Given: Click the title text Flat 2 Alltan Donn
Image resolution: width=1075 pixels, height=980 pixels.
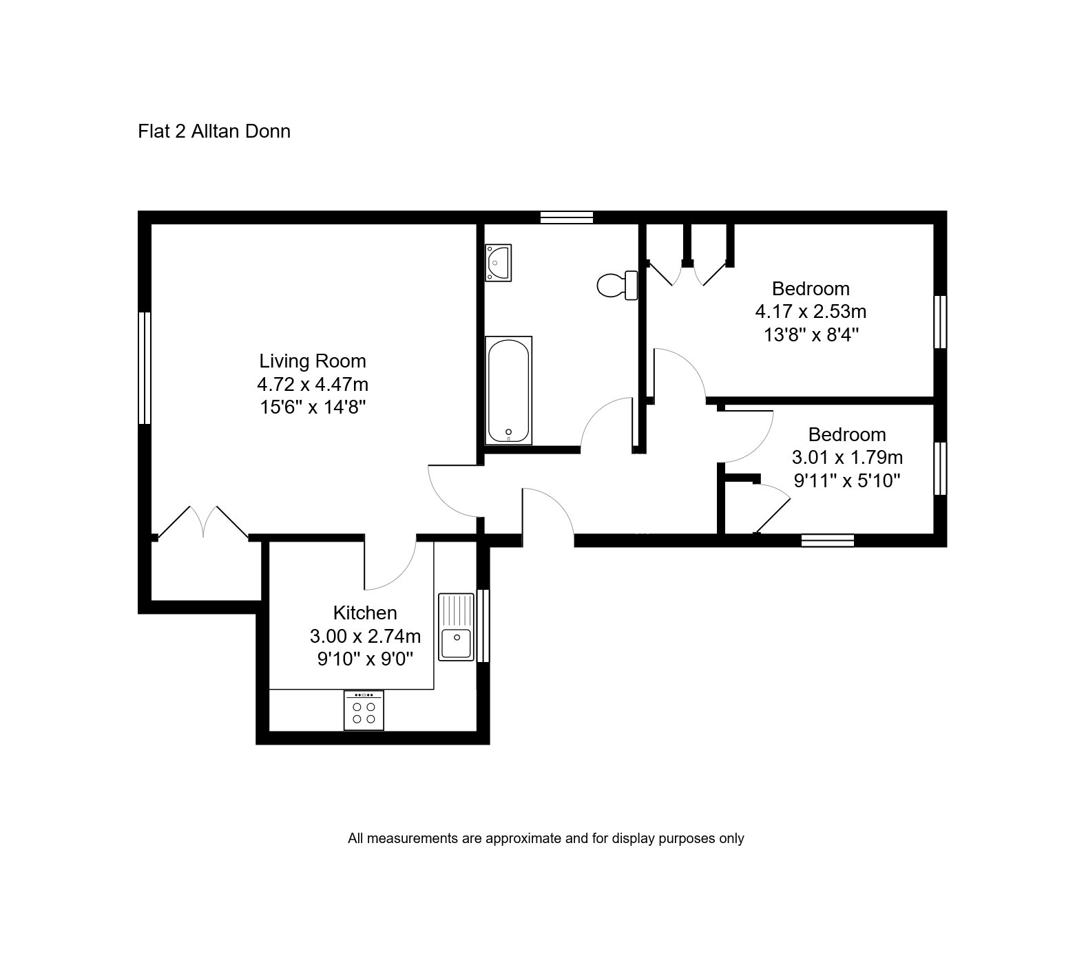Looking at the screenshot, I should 214,131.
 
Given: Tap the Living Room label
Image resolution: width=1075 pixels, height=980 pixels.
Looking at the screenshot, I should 312,361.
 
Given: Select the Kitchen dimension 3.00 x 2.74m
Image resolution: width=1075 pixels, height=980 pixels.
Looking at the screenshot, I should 365,636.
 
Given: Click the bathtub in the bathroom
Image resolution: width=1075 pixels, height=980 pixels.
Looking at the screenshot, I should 508,390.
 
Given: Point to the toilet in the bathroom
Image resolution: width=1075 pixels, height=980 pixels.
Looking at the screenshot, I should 616,285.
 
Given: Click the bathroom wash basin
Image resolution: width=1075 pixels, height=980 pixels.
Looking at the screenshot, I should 498,262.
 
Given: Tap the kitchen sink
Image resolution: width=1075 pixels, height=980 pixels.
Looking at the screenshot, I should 456,627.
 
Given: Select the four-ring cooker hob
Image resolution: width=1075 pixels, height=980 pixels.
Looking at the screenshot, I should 364,710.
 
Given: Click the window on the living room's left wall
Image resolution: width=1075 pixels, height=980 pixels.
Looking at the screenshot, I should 144,368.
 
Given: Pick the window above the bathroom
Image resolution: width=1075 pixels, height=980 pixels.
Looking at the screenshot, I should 566,217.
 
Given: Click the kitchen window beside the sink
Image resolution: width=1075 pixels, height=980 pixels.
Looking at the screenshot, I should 483,626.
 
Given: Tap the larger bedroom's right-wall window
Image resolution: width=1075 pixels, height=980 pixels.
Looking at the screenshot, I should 940,322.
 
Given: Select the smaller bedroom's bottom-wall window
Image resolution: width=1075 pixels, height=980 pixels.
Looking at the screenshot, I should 827,541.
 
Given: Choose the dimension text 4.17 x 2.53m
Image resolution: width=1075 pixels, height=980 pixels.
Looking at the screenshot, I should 811,312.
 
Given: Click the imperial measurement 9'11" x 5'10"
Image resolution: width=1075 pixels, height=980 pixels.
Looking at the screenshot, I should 847,480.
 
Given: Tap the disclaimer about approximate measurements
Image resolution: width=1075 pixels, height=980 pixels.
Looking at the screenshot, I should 545,838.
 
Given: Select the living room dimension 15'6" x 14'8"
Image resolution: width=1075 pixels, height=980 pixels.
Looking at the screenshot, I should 312,407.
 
